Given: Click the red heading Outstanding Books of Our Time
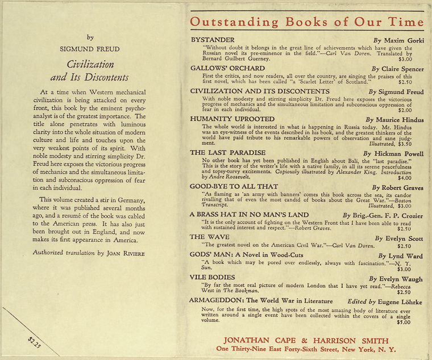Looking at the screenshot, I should click(307, 22).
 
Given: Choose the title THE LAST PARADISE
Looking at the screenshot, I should click(227, 153).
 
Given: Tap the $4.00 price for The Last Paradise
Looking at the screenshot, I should click(404, 178).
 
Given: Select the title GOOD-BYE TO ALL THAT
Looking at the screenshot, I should click(234, 186).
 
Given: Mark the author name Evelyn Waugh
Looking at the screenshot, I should click(403, 279).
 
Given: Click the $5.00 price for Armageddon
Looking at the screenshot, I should click(404, 322).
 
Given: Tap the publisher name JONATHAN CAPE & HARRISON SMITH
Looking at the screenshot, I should click(306, 340).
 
